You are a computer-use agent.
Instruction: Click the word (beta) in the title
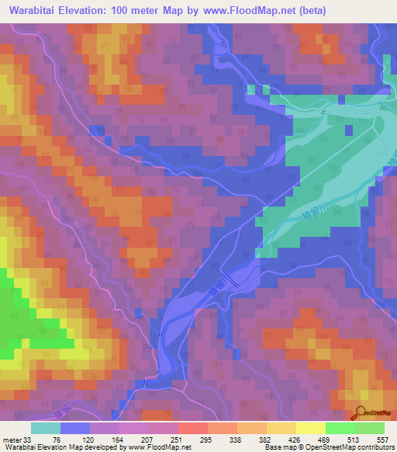[309, 11]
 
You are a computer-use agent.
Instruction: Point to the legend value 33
[29, 441]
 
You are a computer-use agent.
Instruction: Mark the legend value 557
[385, 441]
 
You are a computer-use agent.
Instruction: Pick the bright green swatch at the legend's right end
[369, 428]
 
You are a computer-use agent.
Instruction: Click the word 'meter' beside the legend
[11, 441]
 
